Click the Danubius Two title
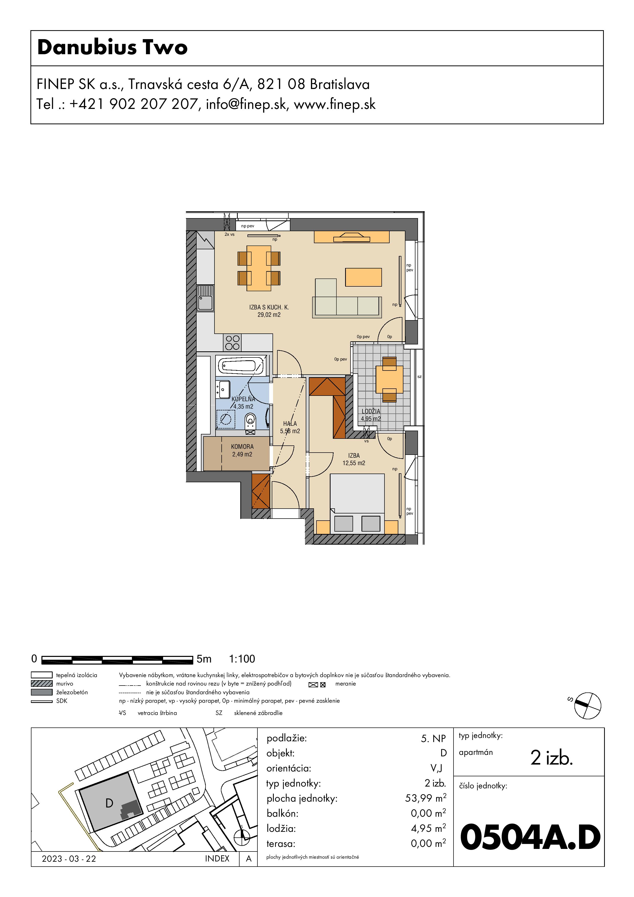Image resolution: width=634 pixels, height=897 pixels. click(112, 48)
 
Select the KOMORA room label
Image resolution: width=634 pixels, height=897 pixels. click(242, 446)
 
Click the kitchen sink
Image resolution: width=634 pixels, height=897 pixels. click(206, 298)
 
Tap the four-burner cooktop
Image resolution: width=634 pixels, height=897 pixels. click(232, 343)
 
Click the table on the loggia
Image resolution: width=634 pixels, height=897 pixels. click(389, 379)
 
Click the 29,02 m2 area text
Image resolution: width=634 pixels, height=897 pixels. click(269, 315)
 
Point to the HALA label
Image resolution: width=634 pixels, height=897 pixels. click(290, 423)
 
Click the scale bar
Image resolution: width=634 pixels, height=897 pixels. click(117, 660)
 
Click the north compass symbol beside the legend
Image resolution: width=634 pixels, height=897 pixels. click(587, 705)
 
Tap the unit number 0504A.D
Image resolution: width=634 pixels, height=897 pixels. click(530, 838)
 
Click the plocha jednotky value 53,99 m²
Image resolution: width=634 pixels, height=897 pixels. click(425, 798)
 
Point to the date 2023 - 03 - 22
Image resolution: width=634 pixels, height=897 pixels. click(69, 859)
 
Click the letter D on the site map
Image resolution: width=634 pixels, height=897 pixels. click(109, 803)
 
